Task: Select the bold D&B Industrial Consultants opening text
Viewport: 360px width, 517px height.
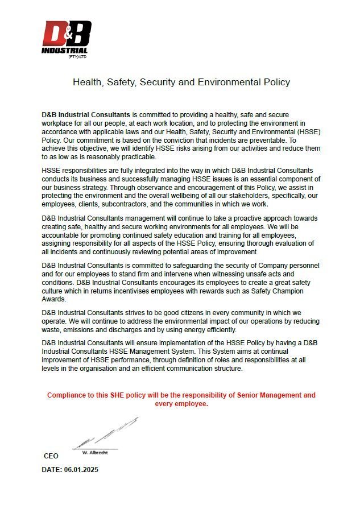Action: (86, 115)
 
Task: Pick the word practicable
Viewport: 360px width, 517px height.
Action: (134, 156)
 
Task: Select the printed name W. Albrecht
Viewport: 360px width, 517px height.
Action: (95, 452)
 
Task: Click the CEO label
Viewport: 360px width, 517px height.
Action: (51, 456)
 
